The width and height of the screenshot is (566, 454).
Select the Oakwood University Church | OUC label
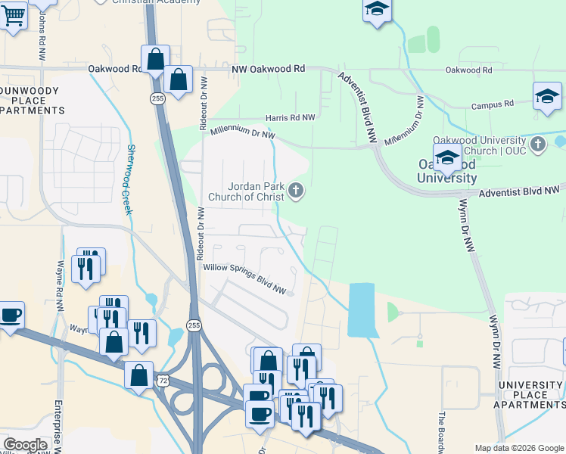point(480,145)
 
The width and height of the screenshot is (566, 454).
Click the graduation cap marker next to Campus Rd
point(547,96)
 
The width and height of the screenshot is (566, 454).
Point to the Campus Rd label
point(492,104)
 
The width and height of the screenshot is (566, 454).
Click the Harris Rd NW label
point(291,118)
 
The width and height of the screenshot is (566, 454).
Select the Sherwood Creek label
point(129,179)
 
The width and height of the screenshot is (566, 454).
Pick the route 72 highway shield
point(163,380)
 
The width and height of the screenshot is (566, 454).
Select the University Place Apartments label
point(530,395)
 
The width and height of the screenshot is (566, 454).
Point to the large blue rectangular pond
point(362,309)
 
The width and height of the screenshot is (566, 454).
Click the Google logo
point(25,445)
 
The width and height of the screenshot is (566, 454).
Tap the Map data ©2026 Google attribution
point(519,448)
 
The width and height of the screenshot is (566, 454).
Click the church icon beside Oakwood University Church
point(538,144)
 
